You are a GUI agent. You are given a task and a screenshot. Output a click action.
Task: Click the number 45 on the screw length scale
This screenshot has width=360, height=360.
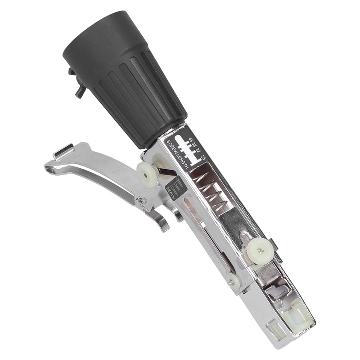point(191,141)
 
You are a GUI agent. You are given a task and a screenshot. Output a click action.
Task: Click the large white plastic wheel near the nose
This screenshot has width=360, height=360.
point(258,247)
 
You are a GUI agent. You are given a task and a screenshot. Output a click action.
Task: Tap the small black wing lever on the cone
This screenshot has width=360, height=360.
point(77,85)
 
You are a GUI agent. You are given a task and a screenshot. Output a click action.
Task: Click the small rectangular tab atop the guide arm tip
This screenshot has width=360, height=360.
point(63,151)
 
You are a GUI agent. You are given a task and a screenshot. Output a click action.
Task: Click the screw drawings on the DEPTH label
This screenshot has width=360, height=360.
point(178,185)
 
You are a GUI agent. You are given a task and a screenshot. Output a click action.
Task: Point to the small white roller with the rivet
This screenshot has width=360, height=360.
point(233,281)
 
